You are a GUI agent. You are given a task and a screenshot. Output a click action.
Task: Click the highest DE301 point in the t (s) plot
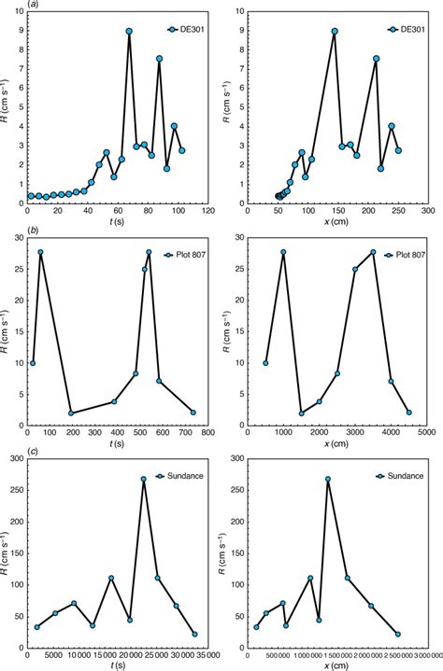point(129,31)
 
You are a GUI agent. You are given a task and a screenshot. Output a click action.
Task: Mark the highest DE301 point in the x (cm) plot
point(335,31)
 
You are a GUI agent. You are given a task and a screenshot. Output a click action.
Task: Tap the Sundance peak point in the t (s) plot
point(144,480)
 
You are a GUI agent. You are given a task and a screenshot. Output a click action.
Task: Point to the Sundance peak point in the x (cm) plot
point(328,480)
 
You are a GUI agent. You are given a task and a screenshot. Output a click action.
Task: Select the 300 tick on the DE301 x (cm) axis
point(428,211)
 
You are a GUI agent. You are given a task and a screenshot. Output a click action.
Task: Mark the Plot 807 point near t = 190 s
point(70,413)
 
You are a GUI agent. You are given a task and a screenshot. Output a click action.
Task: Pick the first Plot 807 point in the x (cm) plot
point(265,363)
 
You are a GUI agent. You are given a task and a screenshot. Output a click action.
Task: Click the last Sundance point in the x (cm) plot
point(398,635)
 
